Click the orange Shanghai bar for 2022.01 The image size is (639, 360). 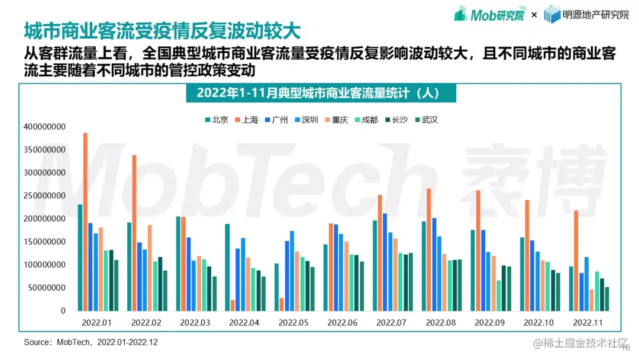(x=85, y=222)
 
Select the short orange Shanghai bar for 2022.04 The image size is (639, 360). (x=233, y=305)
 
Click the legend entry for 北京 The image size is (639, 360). (x=217, y=120)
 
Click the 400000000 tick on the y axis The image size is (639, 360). (x=45, y=127)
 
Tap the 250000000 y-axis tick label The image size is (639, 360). (x=45, y=196)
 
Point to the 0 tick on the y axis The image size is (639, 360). (x=63, y=311)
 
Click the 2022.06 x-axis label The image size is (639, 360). (x=343, y=323)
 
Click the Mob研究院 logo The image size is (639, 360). (x=489, y=14)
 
